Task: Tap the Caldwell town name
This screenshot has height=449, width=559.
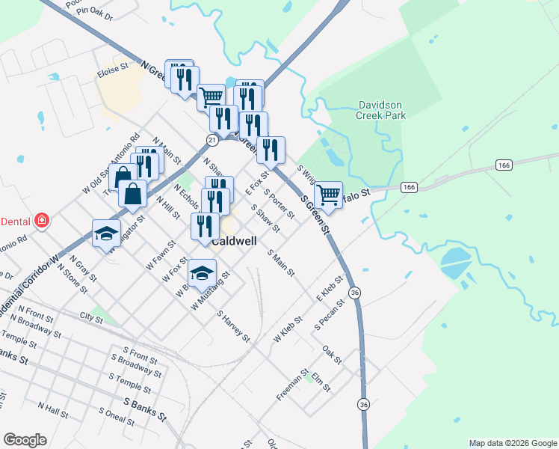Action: click(x=235, y=242)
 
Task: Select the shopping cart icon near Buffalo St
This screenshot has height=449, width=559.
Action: click(x=329, y=195)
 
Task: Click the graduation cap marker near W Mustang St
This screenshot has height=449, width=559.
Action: click(x=202, y=273)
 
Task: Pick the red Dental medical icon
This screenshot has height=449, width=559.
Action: click(x=43, y=221)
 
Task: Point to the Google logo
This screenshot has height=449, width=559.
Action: click(x=25, y=440)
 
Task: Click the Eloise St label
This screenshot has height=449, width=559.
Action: click(x=113, y=73)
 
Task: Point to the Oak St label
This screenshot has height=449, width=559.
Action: click(x=332, y=350)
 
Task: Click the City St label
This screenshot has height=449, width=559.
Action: click(x=91, y=318)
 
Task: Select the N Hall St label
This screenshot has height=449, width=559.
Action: click(x=52, y=409)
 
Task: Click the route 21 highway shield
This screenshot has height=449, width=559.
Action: click(x=213, y=140)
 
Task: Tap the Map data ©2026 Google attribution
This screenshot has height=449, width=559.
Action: click(x=512, y=443)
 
